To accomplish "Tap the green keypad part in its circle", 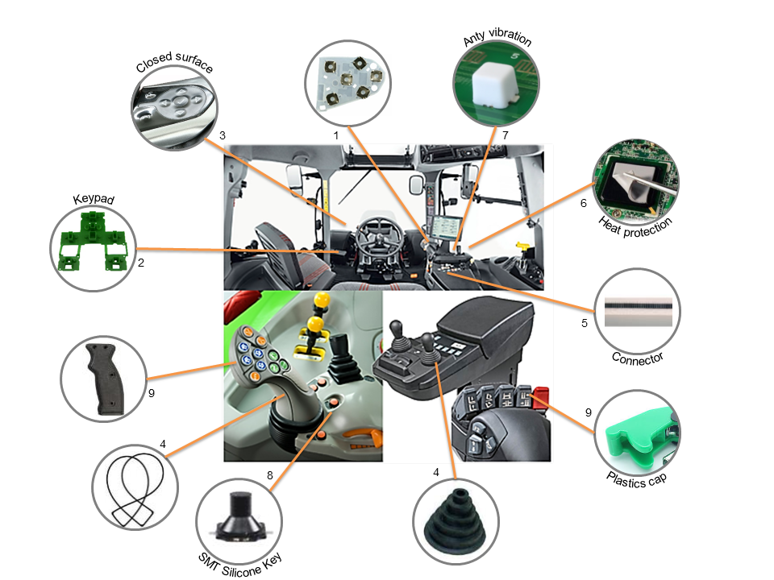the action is (93, 242).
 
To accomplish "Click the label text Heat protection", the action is (635, 227).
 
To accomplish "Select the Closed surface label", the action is (174, 61).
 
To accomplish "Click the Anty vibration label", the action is (497, 38).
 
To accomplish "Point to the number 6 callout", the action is (584, 203).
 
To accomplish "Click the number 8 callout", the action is (269, 475).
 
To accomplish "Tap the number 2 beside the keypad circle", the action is (141, 263).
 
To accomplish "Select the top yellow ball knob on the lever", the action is (322, 300).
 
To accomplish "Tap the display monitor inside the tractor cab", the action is (445, 228).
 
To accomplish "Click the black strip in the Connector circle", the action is (639, 306).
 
